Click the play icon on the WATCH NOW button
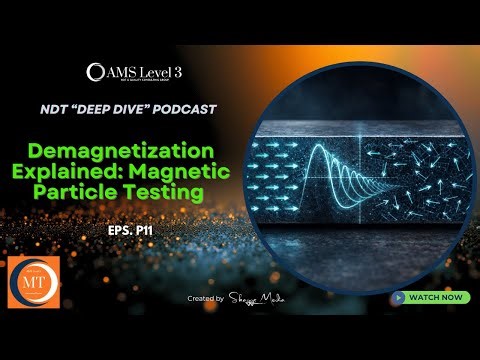click(x=399, y=297)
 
